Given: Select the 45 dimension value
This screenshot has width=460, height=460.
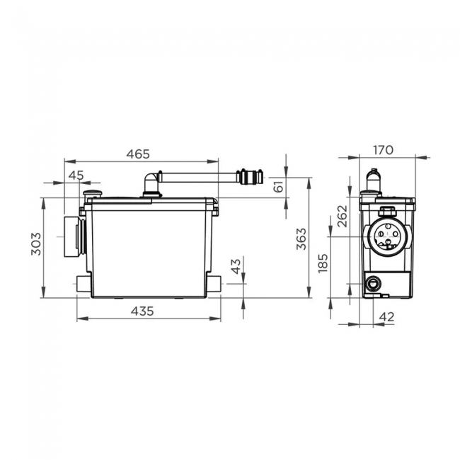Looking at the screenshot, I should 76,176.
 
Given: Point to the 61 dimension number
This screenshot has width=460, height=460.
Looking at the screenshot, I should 278,186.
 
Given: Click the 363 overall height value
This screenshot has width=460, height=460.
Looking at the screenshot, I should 301,238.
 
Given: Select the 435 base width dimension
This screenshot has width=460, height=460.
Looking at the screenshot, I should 148,311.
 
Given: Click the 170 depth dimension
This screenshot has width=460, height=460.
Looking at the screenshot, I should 383,150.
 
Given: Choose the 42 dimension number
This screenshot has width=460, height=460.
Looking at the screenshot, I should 387,316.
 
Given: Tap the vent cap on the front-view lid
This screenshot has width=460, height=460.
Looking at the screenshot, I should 91,192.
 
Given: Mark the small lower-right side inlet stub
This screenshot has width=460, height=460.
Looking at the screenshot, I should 214,285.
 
